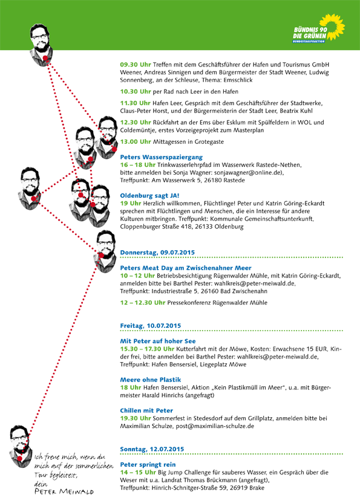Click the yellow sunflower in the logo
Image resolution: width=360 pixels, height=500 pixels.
click(x=333, y=27)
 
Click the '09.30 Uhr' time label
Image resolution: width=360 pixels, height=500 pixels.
click(x=136, y=65)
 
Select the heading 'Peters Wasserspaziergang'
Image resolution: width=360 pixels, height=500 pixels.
click(x=161, y=157)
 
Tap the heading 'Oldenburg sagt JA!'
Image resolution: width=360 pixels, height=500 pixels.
click(x=149, y=196)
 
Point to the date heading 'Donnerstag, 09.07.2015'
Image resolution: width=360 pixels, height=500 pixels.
click(x=157, y=253)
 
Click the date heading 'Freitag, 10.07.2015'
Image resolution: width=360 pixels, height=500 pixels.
click(x=150, y=326)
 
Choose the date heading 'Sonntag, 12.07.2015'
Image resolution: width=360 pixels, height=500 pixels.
click(x=152, y=449)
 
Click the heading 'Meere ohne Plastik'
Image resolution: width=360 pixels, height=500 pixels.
click(x=150, y=380)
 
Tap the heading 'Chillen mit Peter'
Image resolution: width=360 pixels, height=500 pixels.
click(x=146, y=411)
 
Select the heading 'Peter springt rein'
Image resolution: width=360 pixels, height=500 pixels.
click(x=148, y=464)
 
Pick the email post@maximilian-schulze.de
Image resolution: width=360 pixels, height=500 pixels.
click(x=215, y=426)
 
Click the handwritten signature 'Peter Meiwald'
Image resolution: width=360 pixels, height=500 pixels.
click(x=64, y=492)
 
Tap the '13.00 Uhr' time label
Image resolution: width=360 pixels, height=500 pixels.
click(x=136, y=141)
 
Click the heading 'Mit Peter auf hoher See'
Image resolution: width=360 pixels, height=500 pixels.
click(x=158, y=341)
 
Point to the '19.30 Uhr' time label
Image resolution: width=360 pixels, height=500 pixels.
click(x=136, y=418)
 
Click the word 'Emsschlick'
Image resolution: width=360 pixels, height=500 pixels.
click(x=238, y=80)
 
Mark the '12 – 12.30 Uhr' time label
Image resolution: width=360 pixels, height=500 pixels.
click(x=142, y=303)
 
